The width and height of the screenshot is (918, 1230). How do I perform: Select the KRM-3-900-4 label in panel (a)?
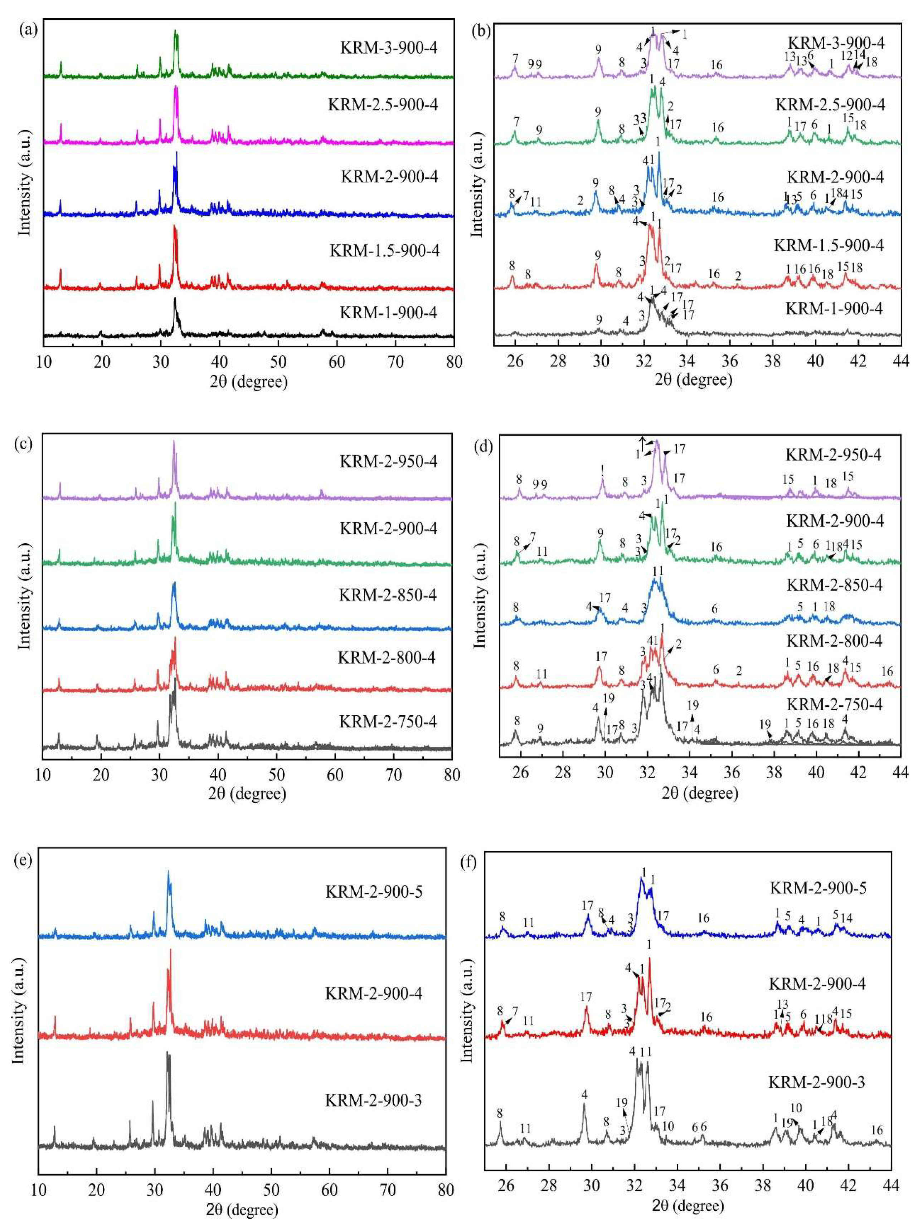[x=389, y=47]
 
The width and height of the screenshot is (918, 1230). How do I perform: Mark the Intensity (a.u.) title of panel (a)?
[x=25, y=183]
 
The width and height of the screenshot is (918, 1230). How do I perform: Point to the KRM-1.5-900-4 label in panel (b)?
[x=829, y=245]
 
